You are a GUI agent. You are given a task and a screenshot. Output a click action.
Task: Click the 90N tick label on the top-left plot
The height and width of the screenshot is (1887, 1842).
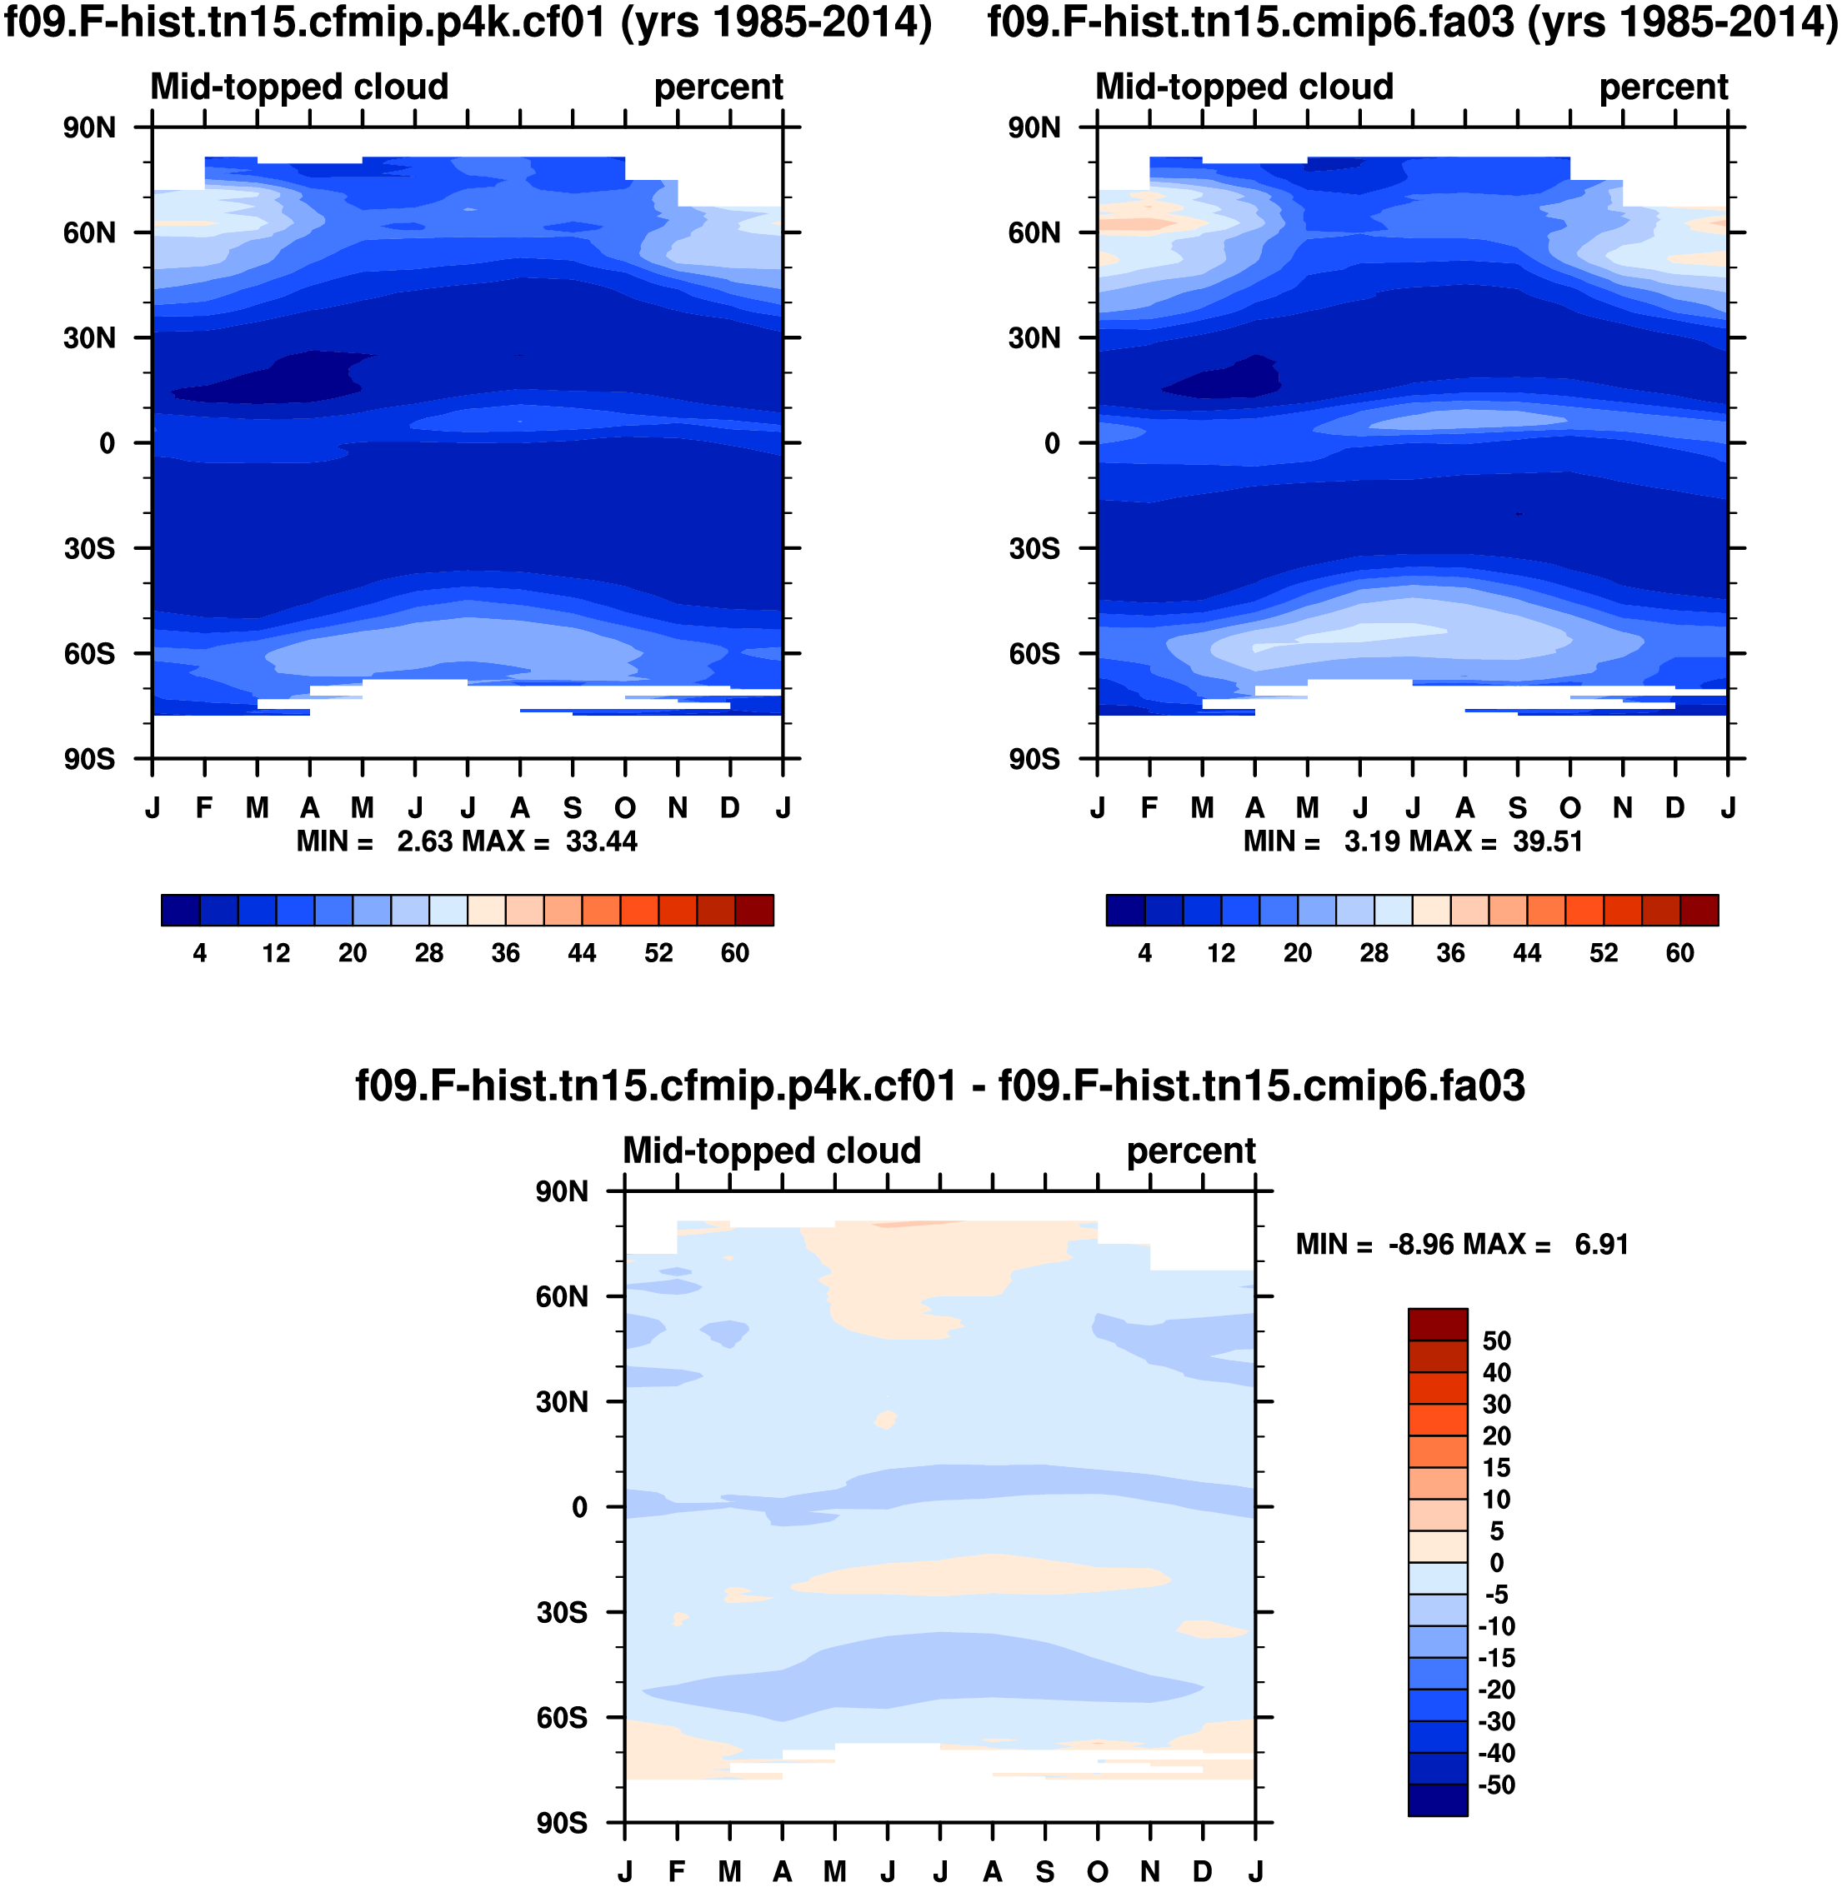(x=89, y=127)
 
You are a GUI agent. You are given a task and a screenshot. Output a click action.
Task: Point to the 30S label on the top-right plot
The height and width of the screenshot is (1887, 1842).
(x=1034, y=548)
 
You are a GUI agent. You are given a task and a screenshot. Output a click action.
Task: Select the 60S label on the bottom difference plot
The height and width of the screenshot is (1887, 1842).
(x=561, y=1718)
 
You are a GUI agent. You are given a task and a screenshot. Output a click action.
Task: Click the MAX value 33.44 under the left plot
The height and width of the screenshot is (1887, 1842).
(x=601, y=841)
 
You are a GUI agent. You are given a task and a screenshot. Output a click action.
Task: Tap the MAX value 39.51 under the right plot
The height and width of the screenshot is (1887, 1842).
(x=1547, y=841)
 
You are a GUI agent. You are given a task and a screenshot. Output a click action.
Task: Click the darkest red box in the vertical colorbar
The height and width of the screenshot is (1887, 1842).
(x=1438, y=1324)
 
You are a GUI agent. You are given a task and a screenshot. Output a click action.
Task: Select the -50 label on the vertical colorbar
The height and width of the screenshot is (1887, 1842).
(x=1495, y=1785)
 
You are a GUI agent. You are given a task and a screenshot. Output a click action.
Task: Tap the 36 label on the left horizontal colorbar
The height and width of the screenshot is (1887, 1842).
(x=505, y=954)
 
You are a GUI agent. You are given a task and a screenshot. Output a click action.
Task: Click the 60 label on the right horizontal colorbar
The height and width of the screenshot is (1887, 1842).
(x=1679, y=954)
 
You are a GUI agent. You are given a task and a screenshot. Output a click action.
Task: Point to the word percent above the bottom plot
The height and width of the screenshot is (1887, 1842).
(x=1190, y=1151)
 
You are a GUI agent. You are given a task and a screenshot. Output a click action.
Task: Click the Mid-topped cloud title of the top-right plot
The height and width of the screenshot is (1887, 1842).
(x=1244, y=87)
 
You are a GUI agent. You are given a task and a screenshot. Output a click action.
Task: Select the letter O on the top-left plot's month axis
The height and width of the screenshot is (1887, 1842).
(x=625, y=807)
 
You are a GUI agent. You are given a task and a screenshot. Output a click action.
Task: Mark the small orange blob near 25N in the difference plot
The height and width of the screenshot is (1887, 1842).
(x=885, y=1420)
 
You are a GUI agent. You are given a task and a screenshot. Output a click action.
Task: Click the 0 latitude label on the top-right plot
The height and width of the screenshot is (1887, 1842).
(x=1052, y=444)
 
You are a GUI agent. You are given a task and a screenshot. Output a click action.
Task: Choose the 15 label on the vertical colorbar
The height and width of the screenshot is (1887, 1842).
(x=1495, y=1468)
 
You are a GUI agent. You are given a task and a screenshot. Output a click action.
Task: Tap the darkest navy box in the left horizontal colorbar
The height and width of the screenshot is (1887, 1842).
(x=181, y=910)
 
